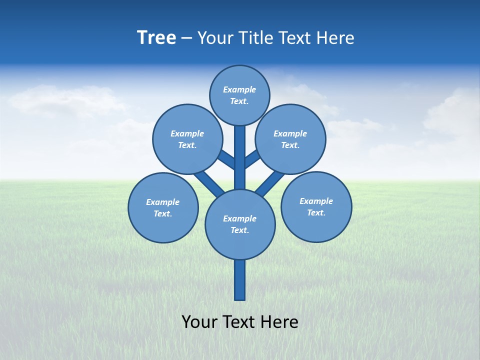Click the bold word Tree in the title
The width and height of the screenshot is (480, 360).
click(x=156, y=38)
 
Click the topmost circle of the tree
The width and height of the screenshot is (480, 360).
click(x=239, y=95)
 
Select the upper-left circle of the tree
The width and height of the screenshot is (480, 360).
click(x=187, y=139)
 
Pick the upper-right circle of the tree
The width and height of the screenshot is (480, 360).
click(x=290, y=139)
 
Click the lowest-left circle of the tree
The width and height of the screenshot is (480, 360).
click(x=163, y=207)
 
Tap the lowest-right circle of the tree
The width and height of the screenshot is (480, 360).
click(x=316, y=206)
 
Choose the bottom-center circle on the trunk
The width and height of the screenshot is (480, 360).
click(x=240, y=224)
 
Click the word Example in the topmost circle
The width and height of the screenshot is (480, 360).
click(x=239, y=89)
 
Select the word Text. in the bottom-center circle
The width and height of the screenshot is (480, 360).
click(x=239, y=230)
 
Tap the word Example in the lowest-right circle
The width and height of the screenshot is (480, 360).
click(x=316, y=201)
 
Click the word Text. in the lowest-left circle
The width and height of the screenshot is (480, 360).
click(x=163, y=214)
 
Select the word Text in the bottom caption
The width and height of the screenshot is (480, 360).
click(x=239, y=321)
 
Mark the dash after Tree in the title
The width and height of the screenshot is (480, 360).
click(x=186, y=38)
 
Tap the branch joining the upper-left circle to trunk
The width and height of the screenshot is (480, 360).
click(x=226, y=159)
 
